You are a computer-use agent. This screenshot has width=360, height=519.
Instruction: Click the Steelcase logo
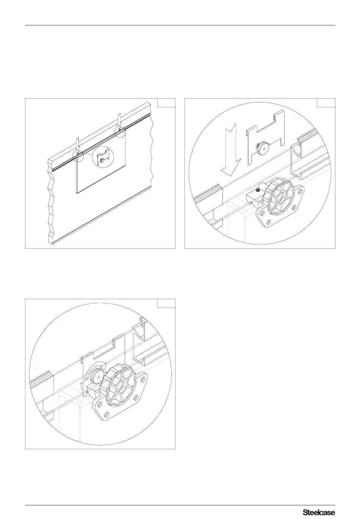click(x=319, y=511)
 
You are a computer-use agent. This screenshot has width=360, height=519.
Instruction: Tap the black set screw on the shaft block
click(x=257, y=190)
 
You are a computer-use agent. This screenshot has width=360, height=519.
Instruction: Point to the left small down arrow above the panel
click(x=78, y=145)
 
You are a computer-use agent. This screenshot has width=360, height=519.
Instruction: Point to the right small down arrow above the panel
click(x=119, y=120)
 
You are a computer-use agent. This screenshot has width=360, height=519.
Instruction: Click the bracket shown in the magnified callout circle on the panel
click(x=103, y=157)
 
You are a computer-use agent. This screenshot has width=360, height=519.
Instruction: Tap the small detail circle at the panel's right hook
click(x=120, y=131)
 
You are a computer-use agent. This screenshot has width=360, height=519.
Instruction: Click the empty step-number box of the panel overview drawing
click(x=166, y=103)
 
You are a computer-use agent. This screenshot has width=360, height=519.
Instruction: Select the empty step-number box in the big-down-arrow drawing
click(x=326, y=103)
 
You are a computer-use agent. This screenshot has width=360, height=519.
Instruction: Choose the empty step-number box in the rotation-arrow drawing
click(x=166, y=303)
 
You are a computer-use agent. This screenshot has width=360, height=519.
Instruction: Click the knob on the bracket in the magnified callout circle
click(x=102, y=160)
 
